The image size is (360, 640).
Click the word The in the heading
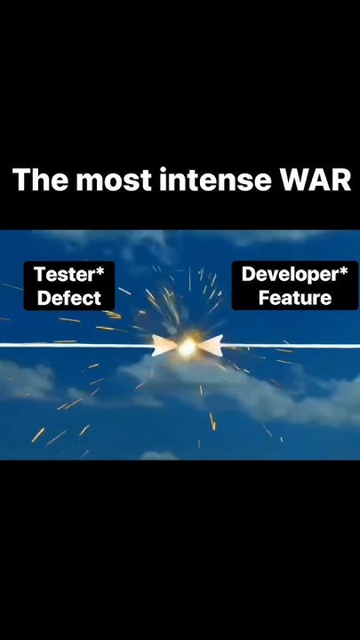tap(39, 180)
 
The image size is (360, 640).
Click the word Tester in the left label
tap(64, 275)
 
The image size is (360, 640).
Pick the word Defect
tap(69, 299)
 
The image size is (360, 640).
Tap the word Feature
tap(294, 298)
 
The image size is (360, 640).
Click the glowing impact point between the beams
tap(187, 348)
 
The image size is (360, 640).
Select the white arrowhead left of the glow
tap(164, 346)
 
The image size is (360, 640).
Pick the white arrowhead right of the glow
tap(211, 346)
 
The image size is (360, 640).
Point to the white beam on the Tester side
tap(71, 345)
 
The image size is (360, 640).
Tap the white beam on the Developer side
tap(293, 345)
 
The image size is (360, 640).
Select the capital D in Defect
tap(44, 299)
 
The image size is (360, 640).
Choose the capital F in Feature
tap(263, 298)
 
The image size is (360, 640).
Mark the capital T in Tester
tap(39, 275)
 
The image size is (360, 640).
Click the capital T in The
tap(21, 180)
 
